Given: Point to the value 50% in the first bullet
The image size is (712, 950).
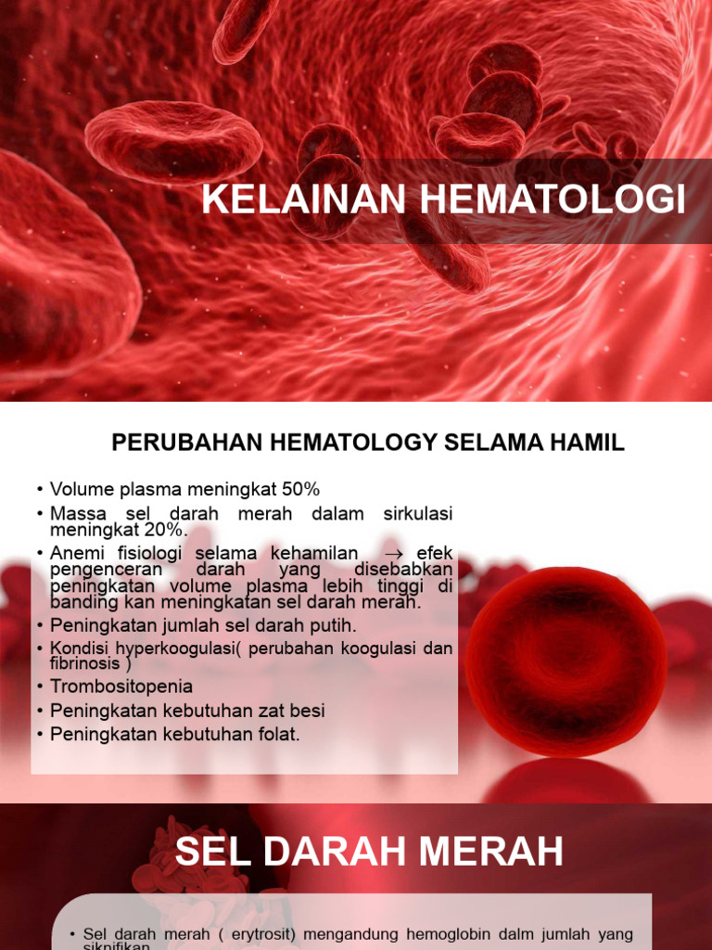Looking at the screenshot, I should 299,489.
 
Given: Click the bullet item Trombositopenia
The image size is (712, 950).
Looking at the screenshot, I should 121,687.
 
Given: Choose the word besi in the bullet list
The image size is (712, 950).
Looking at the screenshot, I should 307,711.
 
